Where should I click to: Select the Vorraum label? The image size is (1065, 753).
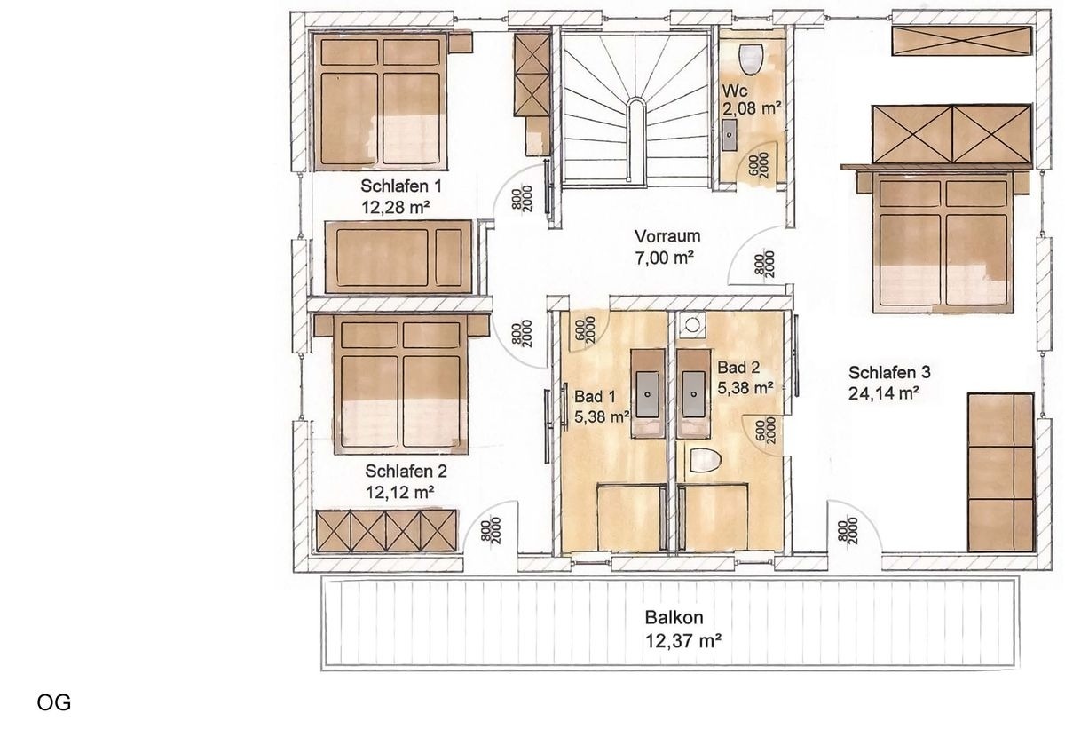tap(667, 236)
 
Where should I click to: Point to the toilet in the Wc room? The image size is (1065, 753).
tap(751, 58)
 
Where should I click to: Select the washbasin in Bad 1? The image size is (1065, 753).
tap(647, 386)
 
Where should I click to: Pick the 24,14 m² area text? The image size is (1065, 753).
tap(882, 393)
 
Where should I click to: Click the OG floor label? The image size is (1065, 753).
tap(53, 703)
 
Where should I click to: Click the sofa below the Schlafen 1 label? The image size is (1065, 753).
tap(398, 258)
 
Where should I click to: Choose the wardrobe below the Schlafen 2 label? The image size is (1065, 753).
tap(387, 530)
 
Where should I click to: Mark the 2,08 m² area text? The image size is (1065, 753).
tap(752, 109)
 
